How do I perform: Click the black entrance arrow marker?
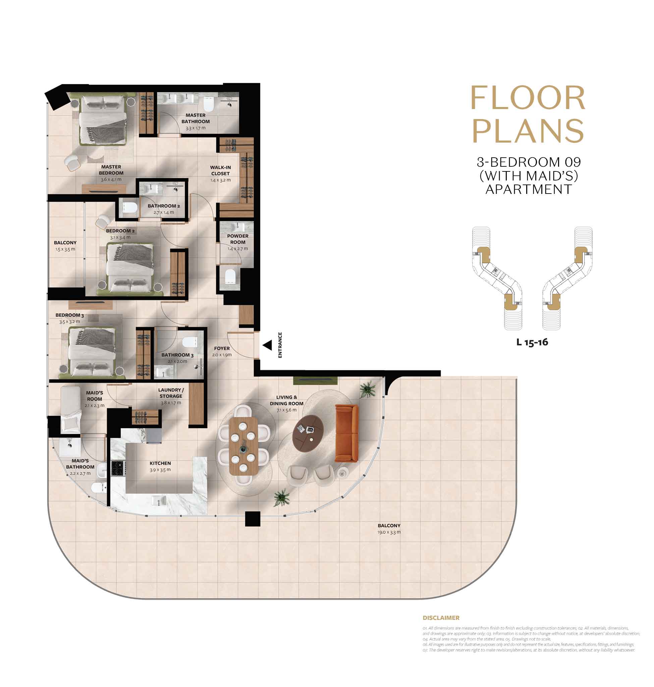coord(267,345)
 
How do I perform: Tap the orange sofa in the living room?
coord(346,433)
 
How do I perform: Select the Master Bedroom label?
coord(111,170)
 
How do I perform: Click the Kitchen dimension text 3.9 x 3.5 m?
coord(160,470)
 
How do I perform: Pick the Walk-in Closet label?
coord(220,170)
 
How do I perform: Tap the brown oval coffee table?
coord(308,434)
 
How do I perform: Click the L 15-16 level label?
coord(532,342)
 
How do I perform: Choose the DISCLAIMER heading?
coord(441,618)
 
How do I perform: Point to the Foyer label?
coord(222,349)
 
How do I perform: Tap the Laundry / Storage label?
coord(171,393)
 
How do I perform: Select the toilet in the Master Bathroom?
coord(208,104)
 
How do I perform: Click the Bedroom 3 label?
coord(70,315)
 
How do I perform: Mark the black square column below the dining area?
coord(253,519)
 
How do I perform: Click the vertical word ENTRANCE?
coord(280,345)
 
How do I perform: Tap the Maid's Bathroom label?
coord(80,464)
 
